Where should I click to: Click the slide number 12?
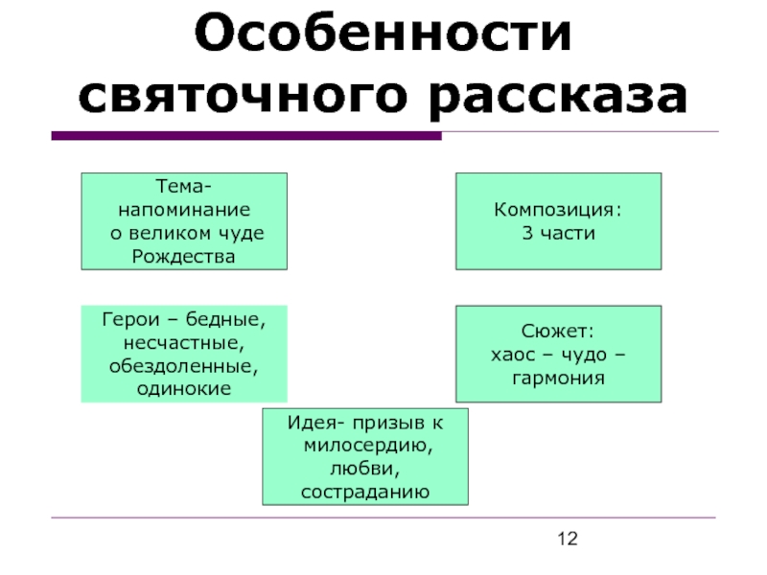click(x=568, y=542)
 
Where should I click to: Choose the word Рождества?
click(x=182, y=256)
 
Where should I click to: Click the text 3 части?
click(x=557, y=233)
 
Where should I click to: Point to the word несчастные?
click(x=182, y=341)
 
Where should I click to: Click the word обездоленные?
click(x=183, y=365)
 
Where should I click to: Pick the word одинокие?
click(x=183, y=388)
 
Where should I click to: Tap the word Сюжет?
click(x=558, y=331)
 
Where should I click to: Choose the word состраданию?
click(x=364, y=493)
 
